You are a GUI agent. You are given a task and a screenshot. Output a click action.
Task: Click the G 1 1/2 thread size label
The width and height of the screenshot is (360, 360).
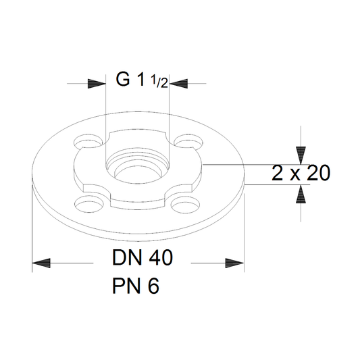click(142, 80)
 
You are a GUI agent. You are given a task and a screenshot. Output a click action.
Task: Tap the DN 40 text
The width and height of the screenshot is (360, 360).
click(143, 257)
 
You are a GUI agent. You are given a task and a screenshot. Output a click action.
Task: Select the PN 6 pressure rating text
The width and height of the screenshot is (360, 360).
click(136, 286)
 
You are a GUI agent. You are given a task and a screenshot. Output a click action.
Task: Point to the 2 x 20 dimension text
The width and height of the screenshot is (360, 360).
click(301, 173)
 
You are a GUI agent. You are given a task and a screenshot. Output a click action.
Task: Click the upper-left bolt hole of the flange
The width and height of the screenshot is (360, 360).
click(88, 141)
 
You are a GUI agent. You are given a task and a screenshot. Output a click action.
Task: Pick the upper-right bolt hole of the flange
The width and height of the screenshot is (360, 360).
click(188, 140)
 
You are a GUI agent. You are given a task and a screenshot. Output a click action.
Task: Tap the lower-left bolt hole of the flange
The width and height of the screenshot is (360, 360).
click(88, 203)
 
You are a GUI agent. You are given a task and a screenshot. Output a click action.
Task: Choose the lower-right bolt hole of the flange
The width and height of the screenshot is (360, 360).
click(185, 203)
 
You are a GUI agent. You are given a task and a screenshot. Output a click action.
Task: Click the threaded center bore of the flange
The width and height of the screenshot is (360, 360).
click(137, 166)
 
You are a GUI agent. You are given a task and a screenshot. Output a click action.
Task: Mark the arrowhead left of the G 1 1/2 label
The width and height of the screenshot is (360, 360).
click(97, 84)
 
